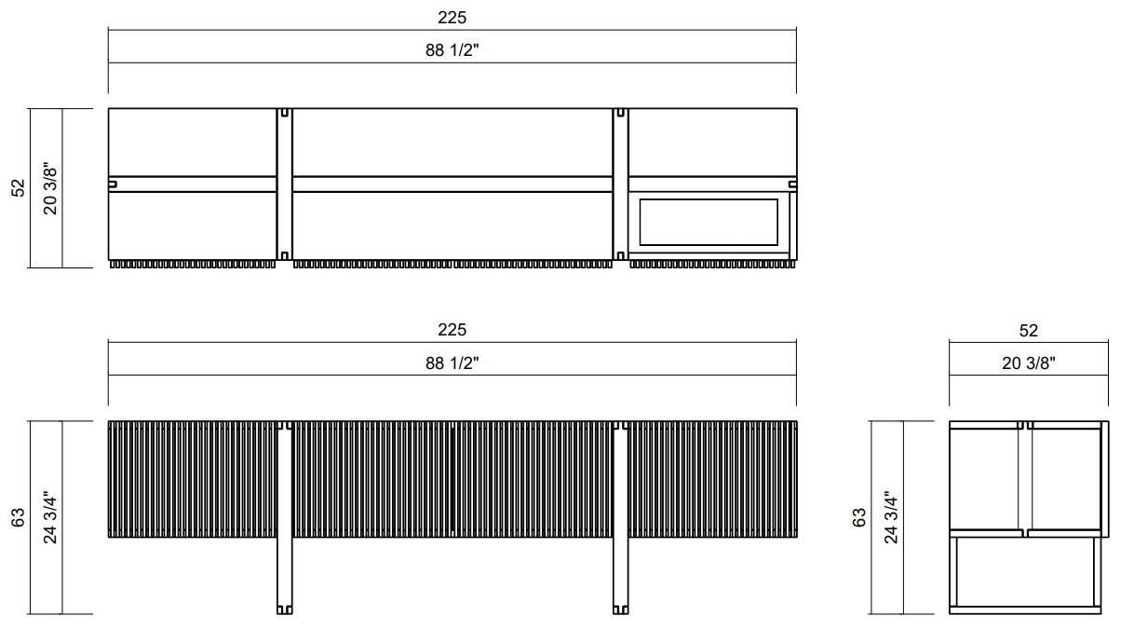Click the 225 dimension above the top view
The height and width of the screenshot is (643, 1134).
click(x=452, y=18)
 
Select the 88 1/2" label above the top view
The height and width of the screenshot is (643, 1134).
click(x=452, y=50)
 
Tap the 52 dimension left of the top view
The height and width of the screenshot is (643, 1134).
click(x=18, y=188)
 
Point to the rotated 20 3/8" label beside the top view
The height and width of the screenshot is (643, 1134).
click(x=50, y=188)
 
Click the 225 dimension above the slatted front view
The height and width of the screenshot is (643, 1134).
click(x=452, y=330)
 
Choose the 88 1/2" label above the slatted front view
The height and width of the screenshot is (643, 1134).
click(x=452, y=363)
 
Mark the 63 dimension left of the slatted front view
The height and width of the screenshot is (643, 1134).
click(x=18, y=518)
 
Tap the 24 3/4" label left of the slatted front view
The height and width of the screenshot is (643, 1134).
click(x=50, y=518)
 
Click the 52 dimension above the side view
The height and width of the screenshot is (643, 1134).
click(x=1028, y=330)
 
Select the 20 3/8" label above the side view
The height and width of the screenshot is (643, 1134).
click(x=1028, y=363)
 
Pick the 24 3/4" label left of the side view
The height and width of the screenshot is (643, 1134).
click(x=891, y=518)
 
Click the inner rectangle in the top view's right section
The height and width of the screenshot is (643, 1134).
click(x=709, y=222)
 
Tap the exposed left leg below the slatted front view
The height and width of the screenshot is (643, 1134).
click(x=285, y=578)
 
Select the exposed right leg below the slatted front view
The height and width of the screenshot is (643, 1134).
click(x=621, y=578)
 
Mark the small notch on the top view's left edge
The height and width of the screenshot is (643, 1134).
click(x=113, y=185)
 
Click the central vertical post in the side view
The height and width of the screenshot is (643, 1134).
click(x=1024, y=477)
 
